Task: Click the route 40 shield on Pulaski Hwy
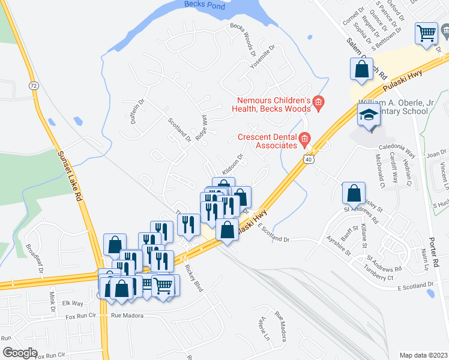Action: coord(308,160)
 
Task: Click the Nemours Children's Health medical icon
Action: coord(318,104)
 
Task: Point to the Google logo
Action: coord(20,353)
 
